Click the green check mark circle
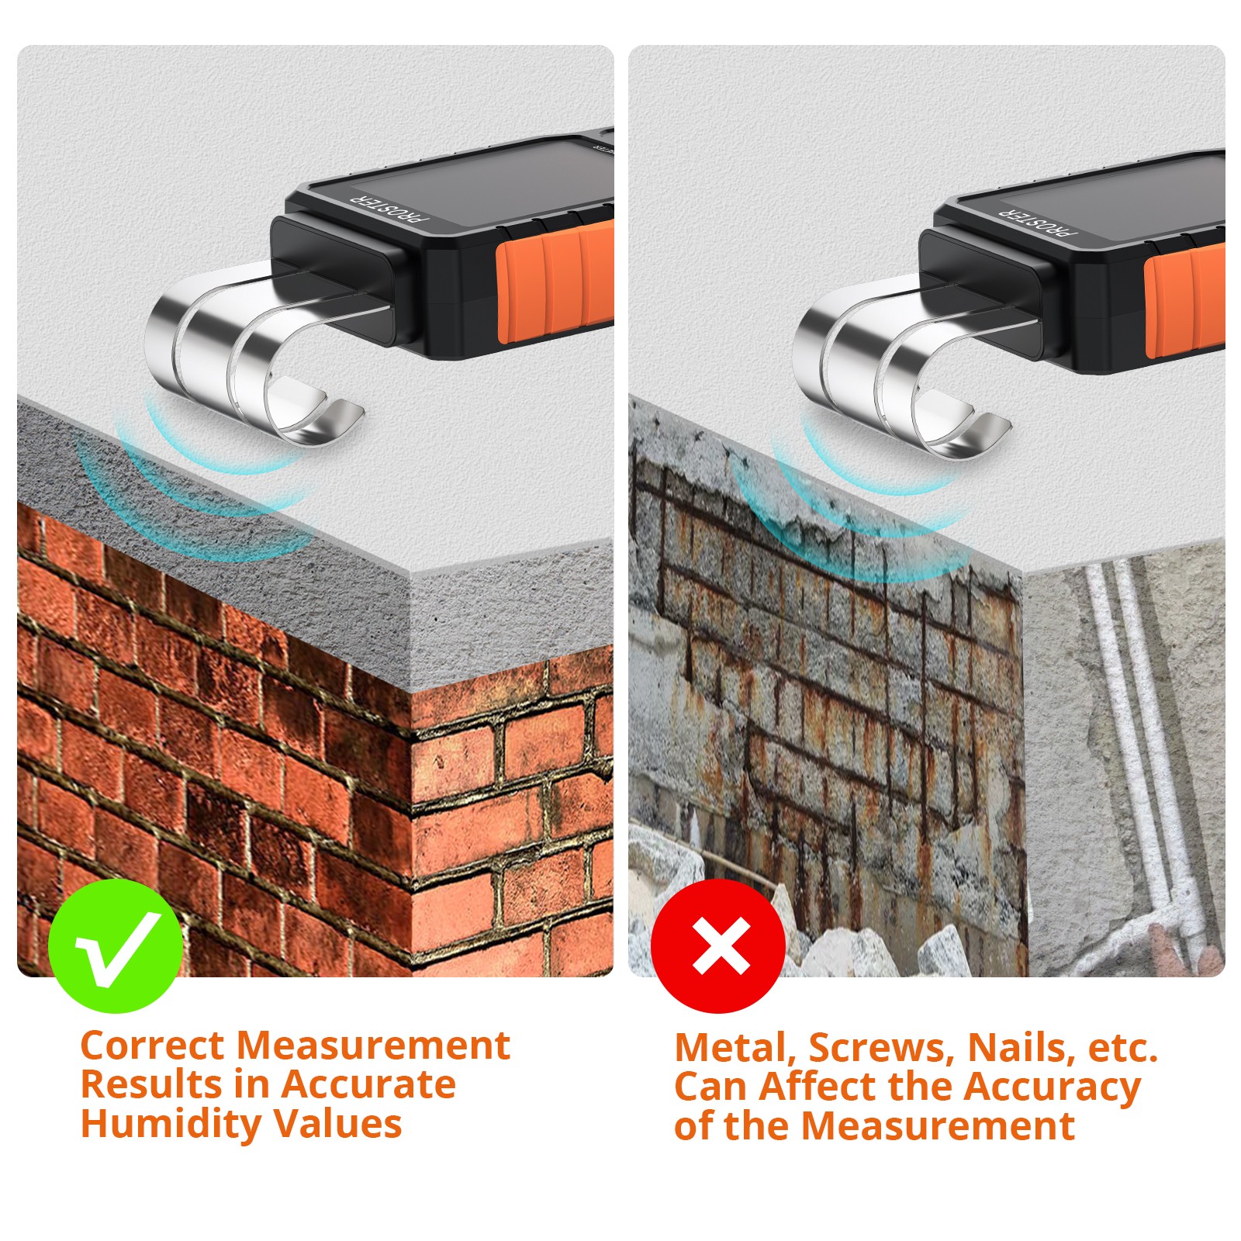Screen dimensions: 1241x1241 coord(116,946)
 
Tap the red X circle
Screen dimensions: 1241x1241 coord(718,946)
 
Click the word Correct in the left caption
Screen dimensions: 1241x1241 coord(152,1045)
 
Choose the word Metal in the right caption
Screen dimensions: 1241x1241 coord(736,1049)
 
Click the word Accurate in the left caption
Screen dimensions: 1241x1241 coord(368,1084)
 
